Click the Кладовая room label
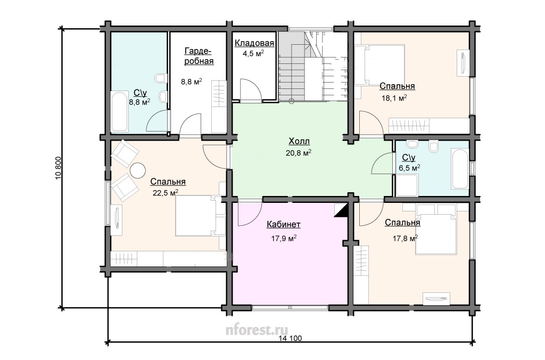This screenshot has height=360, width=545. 254,43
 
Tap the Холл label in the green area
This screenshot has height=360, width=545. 299,141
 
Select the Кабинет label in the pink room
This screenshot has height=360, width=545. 284,224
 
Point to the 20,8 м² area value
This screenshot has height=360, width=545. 298,153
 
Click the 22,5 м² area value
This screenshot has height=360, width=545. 166,193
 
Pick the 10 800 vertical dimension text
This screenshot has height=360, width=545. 59,168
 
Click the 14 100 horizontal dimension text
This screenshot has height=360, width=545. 290,338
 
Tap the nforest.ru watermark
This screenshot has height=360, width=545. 257,329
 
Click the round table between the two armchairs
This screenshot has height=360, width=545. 138,170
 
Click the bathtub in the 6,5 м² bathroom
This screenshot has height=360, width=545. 460,169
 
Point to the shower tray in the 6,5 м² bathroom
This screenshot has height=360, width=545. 407,185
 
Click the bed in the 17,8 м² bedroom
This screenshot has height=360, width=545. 436,229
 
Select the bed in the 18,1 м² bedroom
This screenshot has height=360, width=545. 380,64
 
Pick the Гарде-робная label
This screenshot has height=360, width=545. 199,56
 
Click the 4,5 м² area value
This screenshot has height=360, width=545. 253,54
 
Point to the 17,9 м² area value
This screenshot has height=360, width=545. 284,238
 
